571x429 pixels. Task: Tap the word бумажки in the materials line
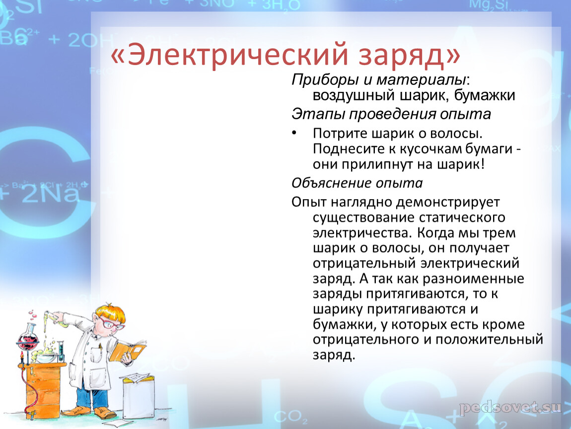[484, 95]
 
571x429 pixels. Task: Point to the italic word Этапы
[318, 114]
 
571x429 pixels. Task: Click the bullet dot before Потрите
[294, 133]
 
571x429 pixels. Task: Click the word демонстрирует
[448, 202]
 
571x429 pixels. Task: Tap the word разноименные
[473, 279]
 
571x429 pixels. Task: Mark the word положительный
[489, 340]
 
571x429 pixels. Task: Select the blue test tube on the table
[61, 351]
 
